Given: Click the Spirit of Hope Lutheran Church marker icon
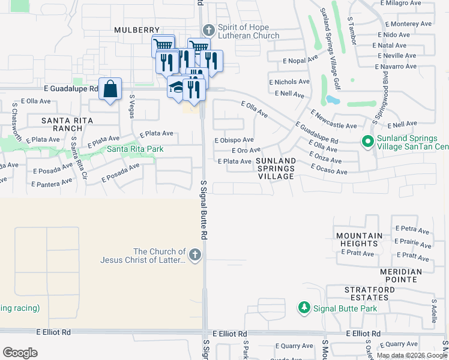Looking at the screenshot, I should coord(208,30).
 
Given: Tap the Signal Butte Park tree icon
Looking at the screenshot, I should coord(304,308).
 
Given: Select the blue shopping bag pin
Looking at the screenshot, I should coord(110,90).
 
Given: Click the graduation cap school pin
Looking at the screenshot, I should coord(176,88).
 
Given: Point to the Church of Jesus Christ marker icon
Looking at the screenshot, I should coord(194,256).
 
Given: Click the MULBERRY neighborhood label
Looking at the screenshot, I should coord(137,30).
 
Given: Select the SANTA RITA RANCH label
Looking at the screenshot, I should coord(62,124).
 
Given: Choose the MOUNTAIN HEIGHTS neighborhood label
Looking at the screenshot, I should coord(359,240).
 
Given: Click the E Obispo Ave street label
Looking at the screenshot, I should coord(234,140).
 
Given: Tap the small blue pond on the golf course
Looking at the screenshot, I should coord(333,100).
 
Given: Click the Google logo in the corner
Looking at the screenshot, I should coord(20,353).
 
